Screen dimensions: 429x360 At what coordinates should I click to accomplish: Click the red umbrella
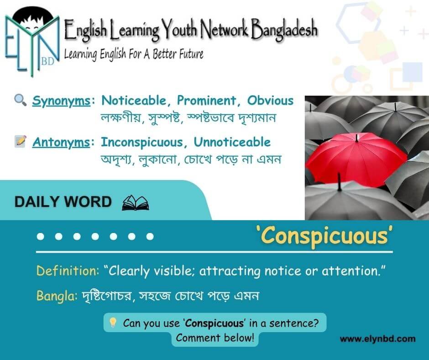point(356,159)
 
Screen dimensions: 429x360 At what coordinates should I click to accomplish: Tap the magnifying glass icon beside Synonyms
point(20,100)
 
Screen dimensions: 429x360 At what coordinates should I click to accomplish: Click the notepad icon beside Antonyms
point(21,141)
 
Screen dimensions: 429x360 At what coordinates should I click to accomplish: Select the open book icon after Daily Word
point(136,203)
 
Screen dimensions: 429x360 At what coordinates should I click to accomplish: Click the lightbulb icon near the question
point(113,323)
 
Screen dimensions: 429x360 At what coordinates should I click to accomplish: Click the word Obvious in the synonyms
point(270,101)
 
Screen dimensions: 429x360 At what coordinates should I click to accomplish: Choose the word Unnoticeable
point(232,142)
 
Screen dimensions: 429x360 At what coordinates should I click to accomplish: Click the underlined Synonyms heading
point(61,101)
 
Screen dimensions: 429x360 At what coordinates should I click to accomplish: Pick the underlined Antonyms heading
point(61,143)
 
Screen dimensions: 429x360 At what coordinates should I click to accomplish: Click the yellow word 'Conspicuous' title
point(324,236)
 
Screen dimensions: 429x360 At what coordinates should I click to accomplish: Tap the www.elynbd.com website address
point(377,339)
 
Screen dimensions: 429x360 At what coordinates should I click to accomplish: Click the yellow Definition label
point(67,270)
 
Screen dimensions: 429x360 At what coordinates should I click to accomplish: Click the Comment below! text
point(215,338)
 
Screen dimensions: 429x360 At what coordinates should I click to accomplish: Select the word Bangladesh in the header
point(284,29)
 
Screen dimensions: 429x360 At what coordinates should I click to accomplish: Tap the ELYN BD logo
point(32,41)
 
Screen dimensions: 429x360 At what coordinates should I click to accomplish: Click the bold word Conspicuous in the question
point(214,323)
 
